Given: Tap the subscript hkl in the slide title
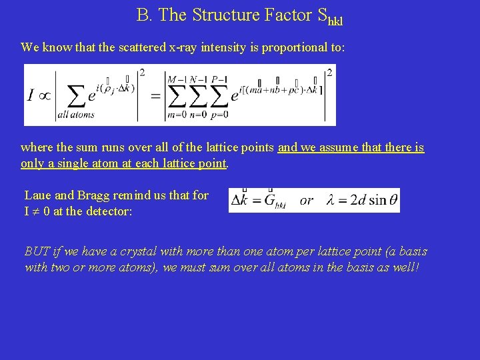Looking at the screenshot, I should pyautogui.click(x=335, y=20).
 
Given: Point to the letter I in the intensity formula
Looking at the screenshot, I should pyautogui.click(x=31, y=96).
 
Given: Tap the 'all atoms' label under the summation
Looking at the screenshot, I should pyautogui.click(x=76, y=115).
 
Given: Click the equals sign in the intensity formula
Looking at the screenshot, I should pyautogui.click(x=155, y=96).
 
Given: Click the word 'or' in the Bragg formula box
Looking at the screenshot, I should pyautogui.click(x=307, y=200).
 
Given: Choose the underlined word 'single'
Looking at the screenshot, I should pyautogui.click(x=67, y=163).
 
